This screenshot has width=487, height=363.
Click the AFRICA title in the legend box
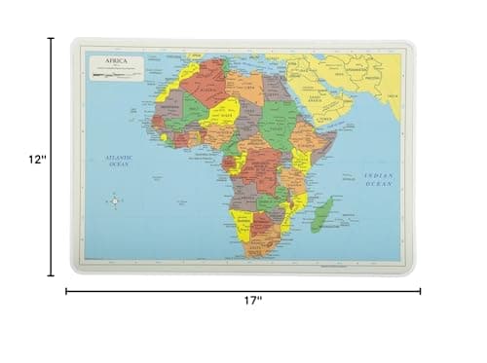(x=103, y=59)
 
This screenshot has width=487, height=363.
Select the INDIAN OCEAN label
(x=378, y=179)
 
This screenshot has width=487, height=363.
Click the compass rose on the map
(x=114, y=201)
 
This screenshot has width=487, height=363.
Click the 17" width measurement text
(x=252, y=301)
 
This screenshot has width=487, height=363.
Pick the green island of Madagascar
(x=320, y=215)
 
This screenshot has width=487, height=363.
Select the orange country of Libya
(x=244, y=87)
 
